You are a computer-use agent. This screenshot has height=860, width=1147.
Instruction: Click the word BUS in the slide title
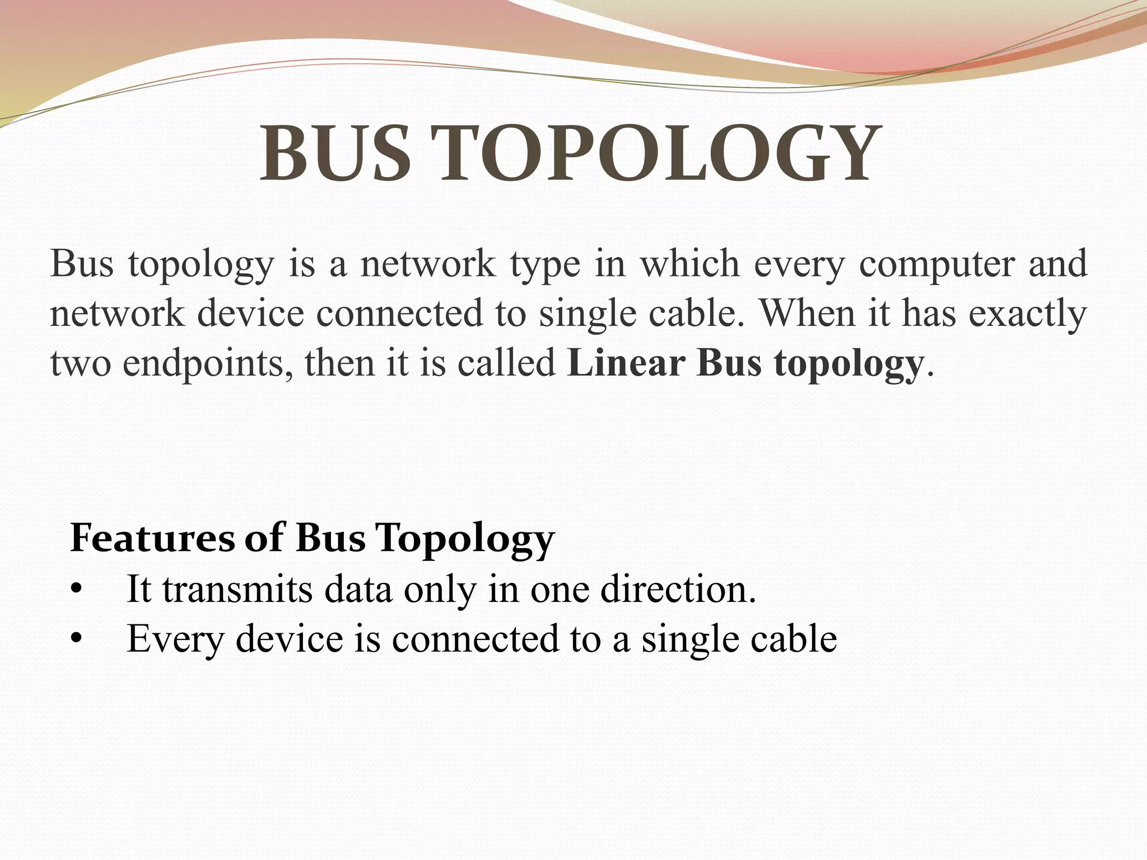click(x=335, y=153)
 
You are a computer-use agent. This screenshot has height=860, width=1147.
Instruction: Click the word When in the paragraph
click(x=808, y=312)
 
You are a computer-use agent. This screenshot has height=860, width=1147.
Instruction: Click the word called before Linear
click(x=506, y=363)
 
